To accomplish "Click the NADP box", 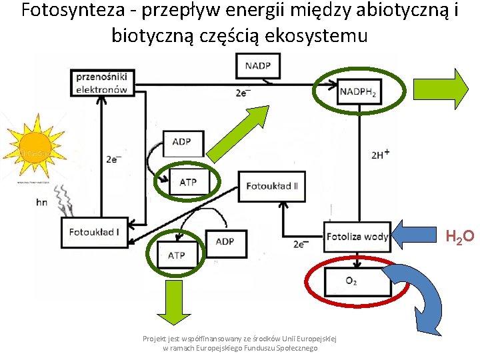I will (x=258, y=65).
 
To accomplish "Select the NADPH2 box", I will (x=357, y=93).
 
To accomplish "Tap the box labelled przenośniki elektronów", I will (x=102, y=83).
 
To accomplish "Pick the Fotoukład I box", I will (x=94, y=231).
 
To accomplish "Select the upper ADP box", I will (x=181, y=142).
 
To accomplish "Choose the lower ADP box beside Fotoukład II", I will (x=225, y=241).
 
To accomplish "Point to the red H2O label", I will (x=459, y=236).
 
